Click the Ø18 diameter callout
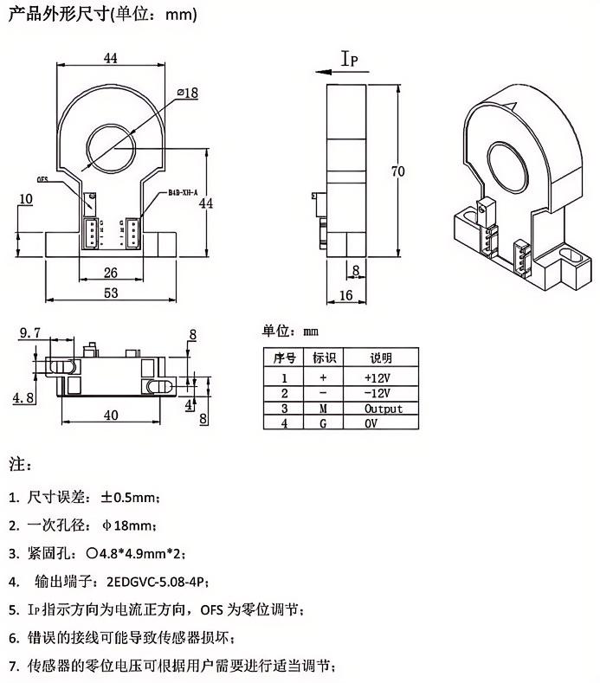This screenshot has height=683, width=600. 187,92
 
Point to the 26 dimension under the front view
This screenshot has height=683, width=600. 110,272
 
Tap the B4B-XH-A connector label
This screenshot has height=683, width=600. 183,193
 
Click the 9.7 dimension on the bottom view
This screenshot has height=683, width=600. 29,332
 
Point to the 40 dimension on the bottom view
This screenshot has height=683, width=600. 111,415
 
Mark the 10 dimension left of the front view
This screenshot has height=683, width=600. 26,199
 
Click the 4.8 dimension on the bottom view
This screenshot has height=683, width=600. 23,397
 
